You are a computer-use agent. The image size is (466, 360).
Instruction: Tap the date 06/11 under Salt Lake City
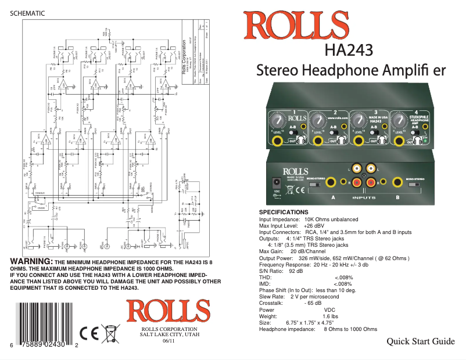pos(169,340)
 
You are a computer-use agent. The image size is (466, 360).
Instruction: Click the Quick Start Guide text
pos(421,341)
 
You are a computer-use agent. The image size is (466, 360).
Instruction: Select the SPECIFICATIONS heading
pos(287,213)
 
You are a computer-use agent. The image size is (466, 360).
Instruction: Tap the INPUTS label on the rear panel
pos(364,197)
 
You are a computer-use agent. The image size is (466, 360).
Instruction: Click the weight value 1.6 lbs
pos(330,316)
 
